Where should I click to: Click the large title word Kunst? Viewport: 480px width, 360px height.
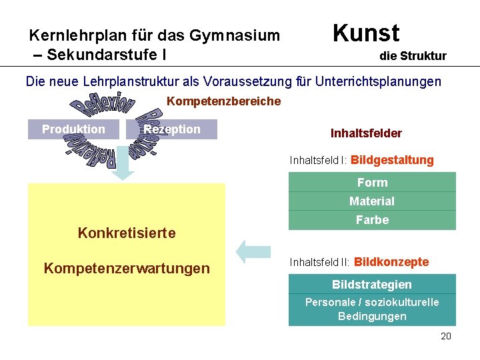coord(365,33)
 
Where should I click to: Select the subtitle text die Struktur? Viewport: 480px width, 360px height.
coord(413,56)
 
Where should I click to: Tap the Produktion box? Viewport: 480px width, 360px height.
coord(73,129)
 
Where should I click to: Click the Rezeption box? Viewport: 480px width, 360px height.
coord(172,129)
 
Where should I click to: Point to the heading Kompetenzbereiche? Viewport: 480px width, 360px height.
coord(223,101)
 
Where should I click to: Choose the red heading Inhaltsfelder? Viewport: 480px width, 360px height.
coord(366,133)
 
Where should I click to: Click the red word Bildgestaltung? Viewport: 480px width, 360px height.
coord(392,160)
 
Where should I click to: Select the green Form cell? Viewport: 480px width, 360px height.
coord(372,182)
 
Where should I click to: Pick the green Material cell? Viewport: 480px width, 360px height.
coord(372,201)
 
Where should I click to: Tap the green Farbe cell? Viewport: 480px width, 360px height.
coord(372,220)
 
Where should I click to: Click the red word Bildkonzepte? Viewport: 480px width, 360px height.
coord(391,262)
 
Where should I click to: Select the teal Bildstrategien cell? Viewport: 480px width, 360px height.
coord(372,284)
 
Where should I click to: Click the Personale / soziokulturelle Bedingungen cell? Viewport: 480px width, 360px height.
coord(372,309)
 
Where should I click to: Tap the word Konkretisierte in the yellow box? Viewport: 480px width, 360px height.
coord(127,233)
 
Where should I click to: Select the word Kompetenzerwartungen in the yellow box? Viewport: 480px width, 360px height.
coord(127,268)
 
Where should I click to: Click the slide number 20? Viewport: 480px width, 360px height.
coord(446,336)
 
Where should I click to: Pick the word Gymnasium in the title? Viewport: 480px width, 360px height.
coord(234,35)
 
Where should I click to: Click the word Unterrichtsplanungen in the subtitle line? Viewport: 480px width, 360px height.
coord(383,82)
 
